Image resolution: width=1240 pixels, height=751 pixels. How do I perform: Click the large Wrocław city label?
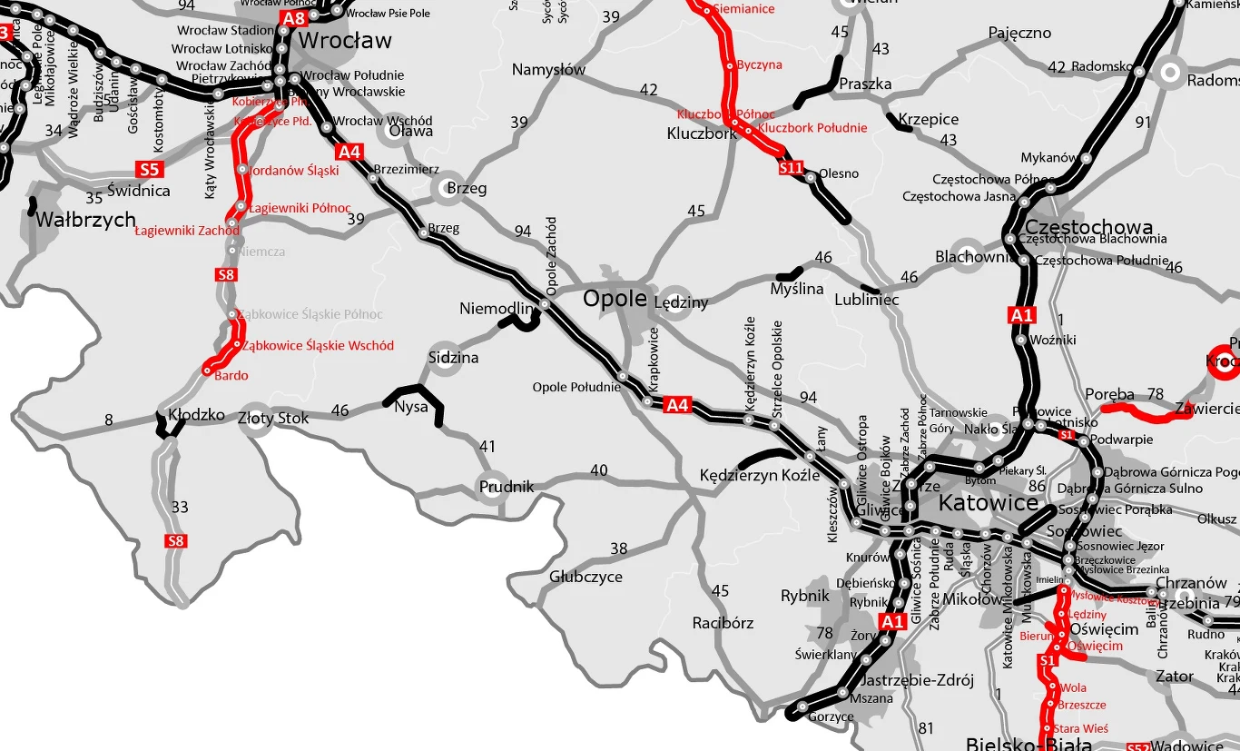coord(345,41)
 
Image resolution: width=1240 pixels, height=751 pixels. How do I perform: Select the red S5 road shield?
coord(149,169)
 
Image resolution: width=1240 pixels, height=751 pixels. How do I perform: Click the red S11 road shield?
coord(792,168)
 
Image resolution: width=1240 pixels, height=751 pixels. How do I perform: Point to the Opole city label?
coord(615,299)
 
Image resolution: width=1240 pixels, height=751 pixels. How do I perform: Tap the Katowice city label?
coord(989,503)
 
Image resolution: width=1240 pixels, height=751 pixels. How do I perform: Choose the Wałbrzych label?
coord(85,220)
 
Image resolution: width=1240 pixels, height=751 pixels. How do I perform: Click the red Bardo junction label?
coord(231,375)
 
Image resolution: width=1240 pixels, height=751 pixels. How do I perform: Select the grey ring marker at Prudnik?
coord(493,483)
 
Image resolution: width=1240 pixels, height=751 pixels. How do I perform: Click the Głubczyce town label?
coord(586,577)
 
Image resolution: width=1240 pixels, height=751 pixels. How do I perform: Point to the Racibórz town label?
coord(723,623)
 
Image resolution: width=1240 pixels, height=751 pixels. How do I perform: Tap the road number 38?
coord(618,548)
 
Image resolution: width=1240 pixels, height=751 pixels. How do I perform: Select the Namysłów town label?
coord(548,70)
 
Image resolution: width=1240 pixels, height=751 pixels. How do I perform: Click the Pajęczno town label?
coord(1019,34)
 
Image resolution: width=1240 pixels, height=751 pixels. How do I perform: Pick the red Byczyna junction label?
coord(759,65)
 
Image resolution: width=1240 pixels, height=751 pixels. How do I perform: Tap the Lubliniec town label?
coord(866,300)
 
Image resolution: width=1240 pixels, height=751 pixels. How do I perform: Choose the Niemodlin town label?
coord(496,309)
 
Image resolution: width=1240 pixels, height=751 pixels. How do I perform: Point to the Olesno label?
coord(838,173)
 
